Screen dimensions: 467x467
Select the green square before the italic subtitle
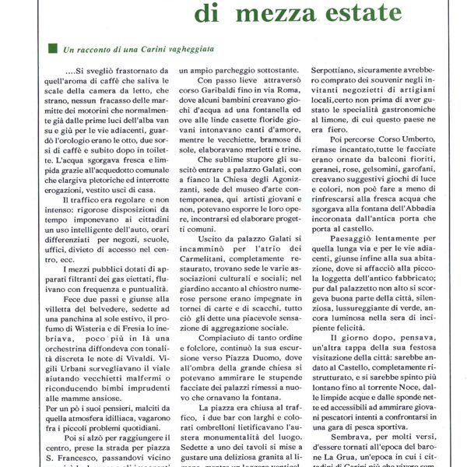coord(53,47)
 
